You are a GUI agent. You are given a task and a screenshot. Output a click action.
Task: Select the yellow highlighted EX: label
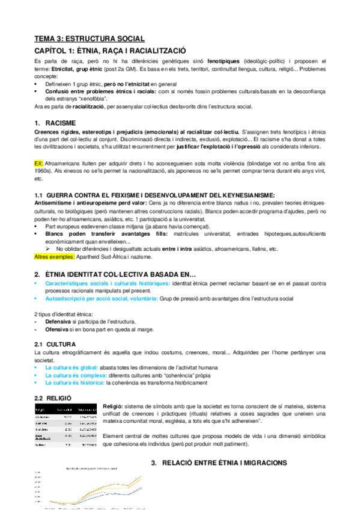pos(40,163)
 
